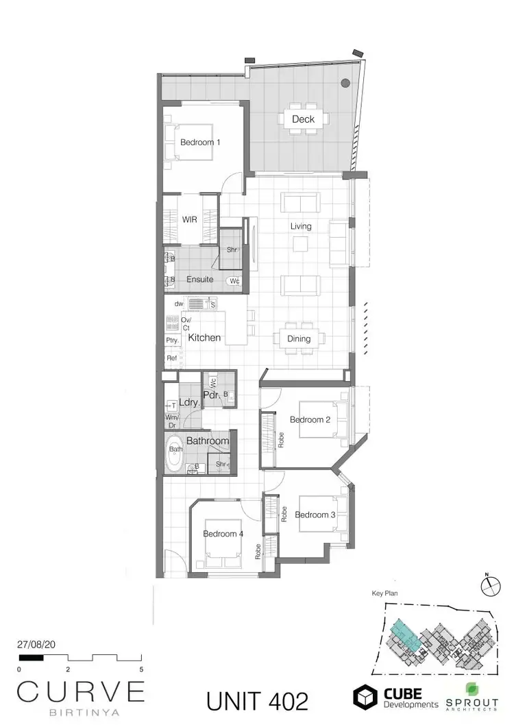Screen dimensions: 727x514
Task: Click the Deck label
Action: click(x=303, y=119)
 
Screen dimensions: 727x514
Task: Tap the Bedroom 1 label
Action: click(x=200, y=143)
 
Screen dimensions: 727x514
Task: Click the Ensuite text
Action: click(x=199, y=280)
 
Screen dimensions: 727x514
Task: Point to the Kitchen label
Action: click(x=204, y=337)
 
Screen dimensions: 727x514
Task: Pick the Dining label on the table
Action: click(x=299, y=338)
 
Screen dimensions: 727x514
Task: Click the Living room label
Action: click(x=300, y=226)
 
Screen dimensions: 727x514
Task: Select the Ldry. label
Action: click(x=189, y=403)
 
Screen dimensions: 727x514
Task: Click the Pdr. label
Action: click(x=211, y=395)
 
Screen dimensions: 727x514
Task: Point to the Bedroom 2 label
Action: click(x=310, y=419)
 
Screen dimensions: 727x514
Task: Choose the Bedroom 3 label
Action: click(x=315, y=515)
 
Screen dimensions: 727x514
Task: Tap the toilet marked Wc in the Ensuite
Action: click(x=234, y=280)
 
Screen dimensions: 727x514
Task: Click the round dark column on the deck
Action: click(x=345, y=83)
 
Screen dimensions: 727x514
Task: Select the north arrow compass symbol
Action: click(x=491, y=587)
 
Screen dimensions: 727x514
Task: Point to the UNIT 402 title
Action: click(x=257, y=700)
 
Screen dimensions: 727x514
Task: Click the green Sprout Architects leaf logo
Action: click(x=472, y=689)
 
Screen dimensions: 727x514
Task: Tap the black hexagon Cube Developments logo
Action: click(x=365, y=696)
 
